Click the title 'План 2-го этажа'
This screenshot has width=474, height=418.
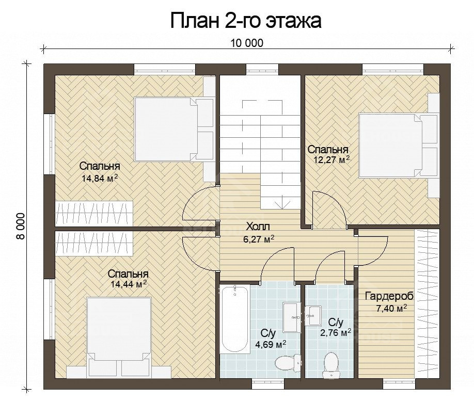pyautogui.click(x=246, y=21)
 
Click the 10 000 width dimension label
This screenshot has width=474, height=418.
pyautogui.click(x=247, y=43)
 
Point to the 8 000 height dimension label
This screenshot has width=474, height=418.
pyautogui.click(x=21, y=226)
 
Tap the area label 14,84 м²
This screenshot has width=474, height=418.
pyautogui.click(x=100, y=178)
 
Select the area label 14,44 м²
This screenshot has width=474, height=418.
pyautogui.click(x=129, y=284)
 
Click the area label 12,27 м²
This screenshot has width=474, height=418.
pyautogui.click(x=331, y=159)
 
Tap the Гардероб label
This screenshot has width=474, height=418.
pyautogui.click(x=389, y=296)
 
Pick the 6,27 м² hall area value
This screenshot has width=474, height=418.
pyautogui.click(x=259, y=239)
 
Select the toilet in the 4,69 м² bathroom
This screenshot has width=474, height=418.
pyautogui.click(x=288, y=362)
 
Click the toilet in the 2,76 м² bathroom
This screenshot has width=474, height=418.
pyautogui.click(x=330, y=364)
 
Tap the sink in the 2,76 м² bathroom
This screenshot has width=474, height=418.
pyautogui.click(x=313, y=316)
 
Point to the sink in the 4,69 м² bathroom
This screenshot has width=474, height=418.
pyautogui.click(x=292, y=317)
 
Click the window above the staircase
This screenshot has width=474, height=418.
pyautogui.click(x=261, y=69)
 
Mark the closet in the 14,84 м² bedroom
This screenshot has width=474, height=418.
pyautogui.click(x=94, y=214)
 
